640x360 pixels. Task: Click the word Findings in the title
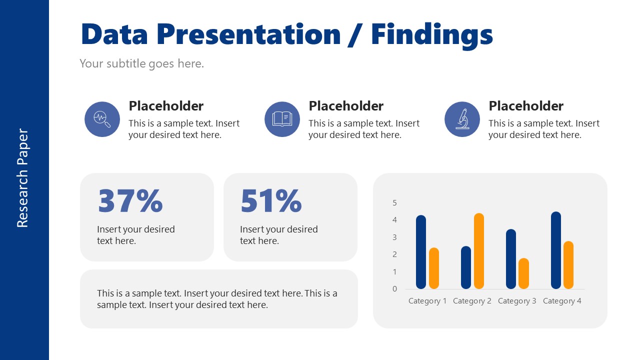[431, 34]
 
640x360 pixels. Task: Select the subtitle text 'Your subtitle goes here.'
[141, 63]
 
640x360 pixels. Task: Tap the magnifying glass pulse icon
[102, 119]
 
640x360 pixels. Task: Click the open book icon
[282, 119]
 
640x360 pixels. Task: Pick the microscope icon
[462, 119]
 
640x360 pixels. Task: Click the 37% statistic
[130, 200]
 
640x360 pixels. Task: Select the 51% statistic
[271, 200]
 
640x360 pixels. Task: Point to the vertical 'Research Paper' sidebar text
[23, 178]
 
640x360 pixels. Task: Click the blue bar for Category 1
[421, 252]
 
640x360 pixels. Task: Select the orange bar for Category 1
[434, 268]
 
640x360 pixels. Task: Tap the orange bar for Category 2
[479, 251]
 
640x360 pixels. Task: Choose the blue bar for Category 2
[466, 267]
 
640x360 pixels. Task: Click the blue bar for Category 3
[511, 259]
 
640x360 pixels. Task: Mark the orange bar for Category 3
[523, 273]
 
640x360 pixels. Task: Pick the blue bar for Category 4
[556, 250]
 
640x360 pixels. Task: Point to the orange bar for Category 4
[568, 265]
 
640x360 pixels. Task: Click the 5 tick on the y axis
[394, 202]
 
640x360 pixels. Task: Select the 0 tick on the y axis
[394, 288]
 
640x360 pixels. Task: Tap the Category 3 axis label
[517, 301]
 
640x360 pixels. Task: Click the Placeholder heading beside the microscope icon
[526, 106]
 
